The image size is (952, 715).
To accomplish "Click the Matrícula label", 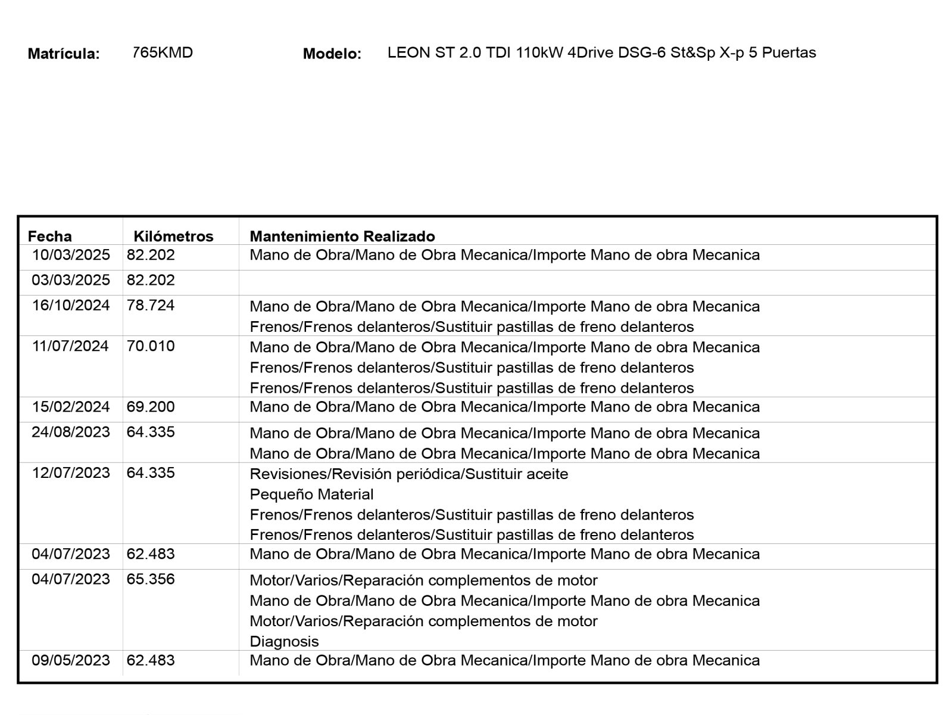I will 64,54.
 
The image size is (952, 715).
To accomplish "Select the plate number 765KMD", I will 163,52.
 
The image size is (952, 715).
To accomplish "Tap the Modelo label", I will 332,54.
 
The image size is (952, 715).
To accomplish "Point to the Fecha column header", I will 50,237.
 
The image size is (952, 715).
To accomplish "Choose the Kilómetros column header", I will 173,237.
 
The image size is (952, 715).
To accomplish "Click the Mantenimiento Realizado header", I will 342,237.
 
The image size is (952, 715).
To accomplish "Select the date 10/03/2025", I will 71,255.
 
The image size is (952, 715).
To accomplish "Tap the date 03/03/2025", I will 71,280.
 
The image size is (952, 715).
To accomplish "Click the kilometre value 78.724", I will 151,306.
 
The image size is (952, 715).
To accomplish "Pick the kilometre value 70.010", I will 151,346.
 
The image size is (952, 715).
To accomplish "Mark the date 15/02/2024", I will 71,407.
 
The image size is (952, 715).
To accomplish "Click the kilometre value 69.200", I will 151,407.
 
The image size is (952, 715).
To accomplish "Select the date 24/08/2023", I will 71,432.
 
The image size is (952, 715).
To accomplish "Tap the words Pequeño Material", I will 311,495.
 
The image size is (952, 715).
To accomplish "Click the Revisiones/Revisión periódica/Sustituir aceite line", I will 409,474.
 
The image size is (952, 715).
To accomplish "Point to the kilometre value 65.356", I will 151,579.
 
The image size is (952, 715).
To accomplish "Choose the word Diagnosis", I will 284,642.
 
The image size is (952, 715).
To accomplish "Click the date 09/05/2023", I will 71,660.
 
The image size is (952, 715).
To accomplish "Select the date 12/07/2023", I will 71,473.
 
